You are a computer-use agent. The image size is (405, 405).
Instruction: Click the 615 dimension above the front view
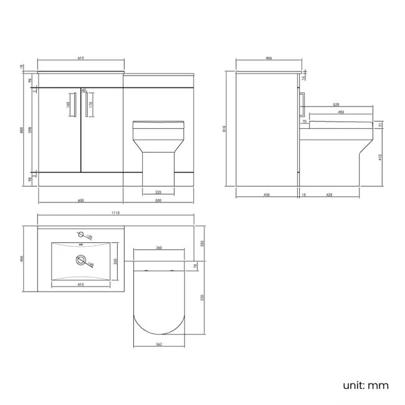(x=81, y=58)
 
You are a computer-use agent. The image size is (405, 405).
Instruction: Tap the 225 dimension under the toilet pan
(x=158, y=192)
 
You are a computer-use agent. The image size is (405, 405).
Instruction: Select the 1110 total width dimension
(x=116, y=214)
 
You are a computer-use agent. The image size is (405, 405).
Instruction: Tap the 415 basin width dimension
(x=82, y=285)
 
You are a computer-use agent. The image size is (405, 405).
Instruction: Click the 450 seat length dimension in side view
(x=340, y=112)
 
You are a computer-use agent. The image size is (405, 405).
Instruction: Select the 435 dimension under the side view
(x=267, y=195)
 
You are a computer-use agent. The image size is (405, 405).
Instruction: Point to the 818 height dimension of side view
(x=225, y=129)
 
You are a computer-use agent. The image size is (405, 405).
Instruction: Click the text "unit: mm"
(x=366, y=385)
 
